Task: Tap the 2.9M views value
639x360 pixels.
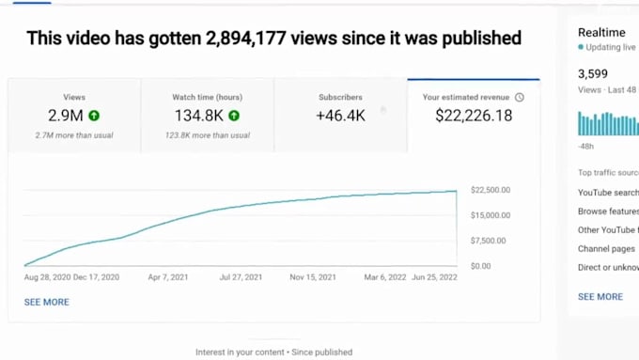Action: point(65,116)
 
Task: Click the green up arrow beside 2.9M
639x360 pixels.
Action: point(95,116)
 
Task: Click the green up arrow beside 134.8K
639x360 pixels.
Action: point(233,116)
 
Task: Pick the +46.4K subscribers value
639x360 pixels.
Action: point(340,116)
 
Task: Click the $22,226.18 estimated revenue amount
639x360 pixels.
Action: point(474,116)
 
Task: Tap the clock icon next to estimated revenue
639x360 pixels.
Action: point(520,97)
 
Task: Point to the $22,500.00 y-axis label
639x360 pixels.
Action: point(490,190)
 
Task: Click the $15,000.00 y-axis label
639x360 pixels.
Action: point(490,215)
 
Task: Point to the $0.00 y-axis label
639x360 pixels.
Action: point(480,266)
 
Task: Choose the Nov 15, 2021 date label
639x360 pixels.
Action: point(313,278)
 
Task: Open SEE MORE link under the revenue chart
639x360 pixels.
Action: point(46,302)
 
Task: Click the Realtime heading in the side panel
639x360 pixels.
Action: point(601,31)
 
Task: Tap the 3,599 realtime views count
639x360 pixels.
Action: point(593,73)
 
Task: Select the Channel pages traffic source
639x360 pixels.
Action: point(606,249)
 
